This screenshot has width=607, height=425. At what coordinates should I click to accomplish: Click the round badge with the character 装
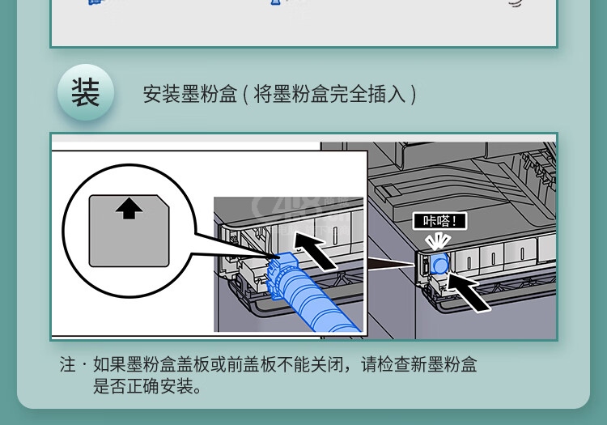86,92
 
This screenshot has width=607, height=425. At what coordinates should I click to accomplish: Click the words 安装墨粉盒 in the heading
189,94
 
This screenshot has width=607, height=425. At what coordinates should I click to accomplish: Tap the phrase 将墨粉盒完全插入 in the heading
330,94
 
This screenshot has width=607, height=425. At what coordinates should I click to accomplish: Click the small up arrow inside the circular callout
129,209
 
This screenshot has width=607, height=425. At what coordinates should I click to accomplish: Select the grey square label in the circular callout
129,231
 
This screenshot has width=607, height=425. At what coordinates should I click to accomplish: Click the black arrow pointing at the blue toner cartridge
314,250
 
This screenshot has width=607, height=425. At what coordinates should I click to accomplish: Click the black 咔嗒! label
439,221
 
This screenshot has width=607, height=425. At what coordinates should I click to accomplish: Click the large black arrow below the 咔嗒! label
469,291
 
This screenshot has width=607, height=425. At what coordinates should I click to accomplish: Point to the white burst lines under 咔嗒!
437,242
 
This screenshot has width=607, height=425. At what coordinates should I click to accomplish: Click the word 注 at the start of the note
68,364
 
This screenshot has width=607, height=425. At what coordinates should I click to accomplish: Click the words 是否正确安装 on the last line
142,386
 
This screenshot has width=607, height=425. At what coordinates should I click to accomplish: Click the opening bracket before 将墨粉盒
246,94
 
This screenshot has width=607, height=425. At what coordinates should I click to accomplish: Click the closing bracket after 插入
413,94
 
